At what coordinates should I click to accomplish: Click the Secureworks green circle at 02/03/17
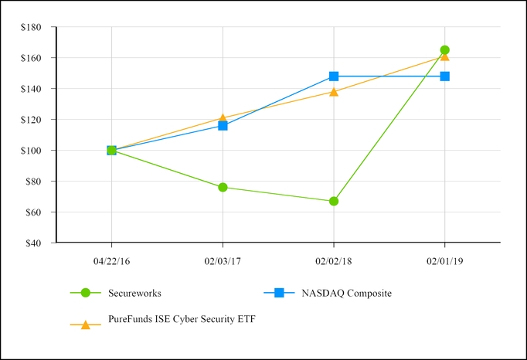[x=223, y=187]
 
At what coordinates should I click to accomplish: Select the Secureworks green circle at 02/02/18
[x=334, y=201]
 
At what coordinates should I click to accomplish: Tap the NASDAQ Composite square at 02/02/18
[x=334, y=76]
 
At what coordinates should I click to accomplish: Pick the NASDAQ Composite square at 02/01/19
[x=444, y=76]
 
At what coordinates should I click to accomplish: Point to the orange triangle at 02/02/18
[x=334, y=91]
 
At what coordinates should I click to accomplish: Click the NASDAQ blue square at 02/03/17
[x=223, y=125]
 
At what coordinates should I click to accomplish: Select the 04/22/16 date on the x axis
[x=111, y=261]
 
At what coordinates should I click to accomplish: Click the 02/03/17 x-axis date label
[x=223, y=261]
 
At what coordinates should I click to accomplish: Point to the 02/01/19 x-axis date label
[x=444, y=261]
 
